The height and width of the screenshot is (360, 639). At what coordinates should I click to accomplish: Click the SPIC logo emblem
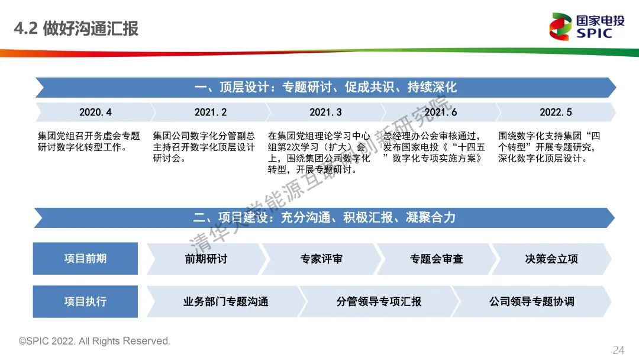point(560,27)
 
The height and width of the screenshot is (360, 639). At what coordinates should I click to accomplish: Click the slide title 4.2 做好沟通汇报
point(76,28)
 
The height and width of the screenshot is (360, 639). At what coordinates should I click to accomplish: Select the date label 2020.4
point(95,112)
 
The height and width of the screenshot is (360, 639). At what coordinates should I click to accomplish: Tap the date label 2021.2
point(210,112)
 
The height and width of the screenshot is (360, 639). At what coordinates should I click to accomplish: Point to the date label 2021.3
point(325,112)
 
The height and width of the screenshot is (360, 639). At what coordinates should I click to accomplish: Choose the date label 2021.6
point(441,112)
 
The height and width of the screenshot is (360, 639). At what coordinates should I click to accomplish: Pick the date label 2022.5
point(556,112)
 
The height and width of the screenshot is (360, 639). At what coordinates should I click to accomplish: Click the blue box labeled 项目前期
point(85,259)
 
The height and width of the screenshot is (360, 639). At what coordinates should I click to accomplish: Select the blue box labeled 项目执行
point(85,301)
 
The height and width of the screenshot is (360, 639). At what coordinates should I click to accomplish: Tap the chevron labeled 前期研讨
point(206,259)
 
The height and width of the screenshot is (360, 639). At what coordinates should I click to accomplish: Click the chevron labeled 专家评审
point(321,259)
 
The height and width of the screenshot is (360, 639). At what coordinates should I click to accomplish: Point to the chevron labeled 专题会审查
point(437,259)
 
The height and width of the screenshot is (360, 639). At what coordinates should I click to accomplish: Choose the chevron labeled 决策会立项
point(551,259)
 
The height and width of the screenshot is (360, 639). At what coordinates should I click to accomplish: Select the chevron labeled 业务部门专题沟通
point(226,302)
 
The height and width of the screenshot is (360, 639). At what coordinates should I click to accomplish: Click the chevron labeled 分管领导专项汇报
point(379,302)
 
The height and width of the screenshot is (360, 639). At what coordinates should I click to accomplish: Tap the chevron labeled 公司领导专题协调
point(532,302)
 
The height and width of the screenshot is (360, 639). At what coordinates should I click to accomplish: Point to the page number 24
point(618,350)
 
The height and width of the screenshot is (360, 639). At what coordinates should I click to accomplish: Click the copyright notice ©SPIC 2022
point(95,341)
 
